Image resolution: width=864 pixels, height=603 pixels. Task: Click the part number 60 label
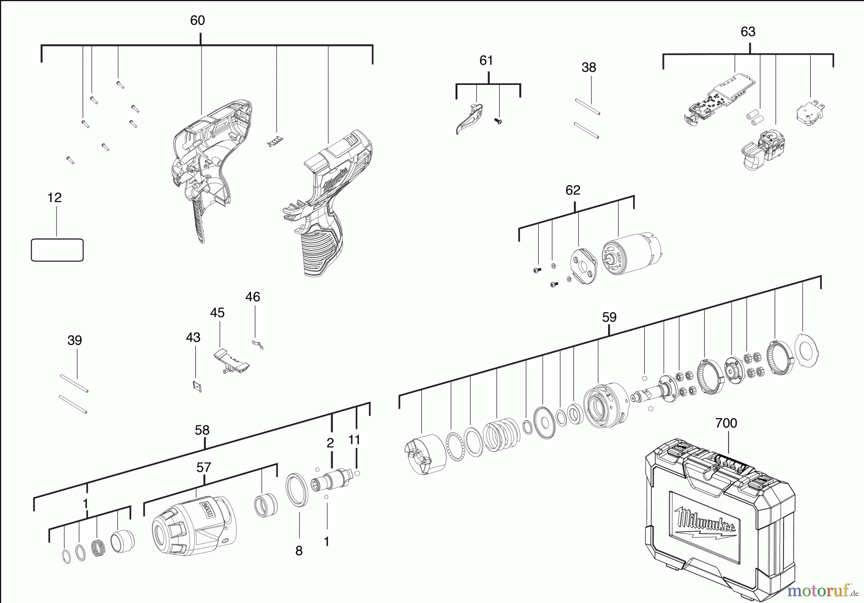197,21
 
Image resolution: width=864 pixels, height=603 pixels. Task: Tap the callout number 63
748,32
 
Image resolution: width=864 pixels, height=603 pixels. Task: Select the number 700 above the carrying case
726,423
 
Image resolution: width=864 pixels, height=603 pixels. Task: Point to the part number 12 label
55,198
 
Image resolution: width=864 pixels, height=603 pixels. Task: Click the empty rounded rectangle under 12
57,250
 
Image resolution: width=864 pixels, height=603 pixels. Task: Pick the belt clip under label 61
469,118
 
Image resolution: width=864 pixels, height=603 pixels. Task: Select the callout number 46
252,297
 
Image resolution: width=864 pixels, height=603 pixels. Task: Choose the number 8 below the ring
299,551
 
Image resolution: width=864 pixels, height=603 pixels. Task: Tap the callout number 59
609,318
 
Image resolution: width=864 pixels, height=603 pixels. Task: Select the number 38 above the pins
588,68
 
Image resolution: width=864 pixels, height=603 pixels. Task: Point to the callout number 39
74,341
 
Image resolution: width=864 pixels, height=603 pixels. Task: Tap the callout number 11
354,440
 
